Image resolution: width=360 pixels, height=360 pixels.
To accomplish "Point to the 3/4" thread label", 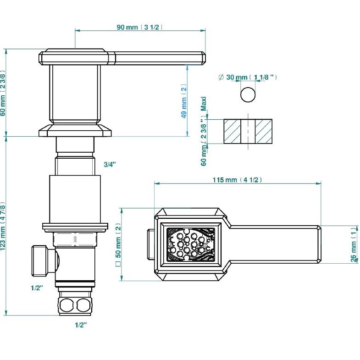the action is (110, 164).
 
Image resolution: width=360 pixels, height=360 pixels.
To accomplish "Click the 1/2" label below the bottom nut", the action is (81, 325).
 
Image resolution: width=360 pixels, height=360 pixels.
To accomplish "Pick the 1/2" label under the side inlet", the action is (37, 288).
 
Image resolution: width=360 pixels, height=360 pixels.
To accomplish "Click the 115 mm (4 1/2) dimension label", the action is (237, 180).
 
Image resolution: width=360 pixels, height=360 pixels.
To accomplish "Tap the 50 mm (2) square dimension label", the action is (118, 245).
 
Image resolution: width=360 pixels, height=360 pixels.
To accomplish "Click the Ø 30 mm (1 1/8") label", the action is (248, 77).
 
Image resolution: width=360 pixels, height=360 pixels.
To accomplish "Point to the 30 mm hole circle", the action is (248, 94).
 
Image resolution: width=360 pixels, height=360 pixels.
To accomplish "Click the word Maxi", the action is (204, 104).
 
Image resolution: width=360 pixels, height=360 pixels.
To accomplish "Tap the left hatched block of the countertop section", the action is (233, 132).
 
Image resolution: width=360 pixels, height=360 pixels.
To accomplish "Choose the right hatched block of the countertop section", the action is (264, 132).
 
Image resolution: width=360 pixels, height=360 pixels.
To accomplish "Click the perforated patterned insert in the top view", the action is (191, 244).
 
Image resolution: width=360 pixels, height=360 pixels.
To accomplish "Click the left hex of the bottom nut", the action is (66, 305).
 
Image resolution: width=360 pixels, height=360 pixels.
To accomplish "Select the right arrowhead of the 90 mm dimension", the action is (203, 30).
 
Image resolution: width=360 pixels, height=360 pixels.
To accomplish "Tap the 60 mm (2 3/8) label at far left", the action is (3, 93).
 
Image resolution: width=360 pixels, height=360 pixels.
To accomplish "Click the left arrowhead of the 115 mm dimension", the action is (157, 183).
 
